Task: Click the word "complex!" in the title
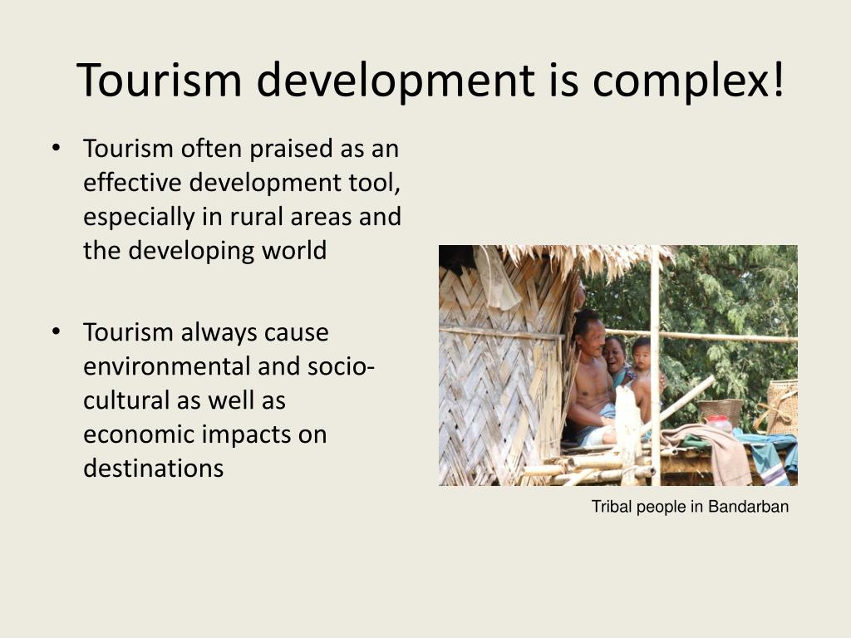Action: click(688, 81)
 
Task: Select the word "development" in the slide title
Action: click(395, 81)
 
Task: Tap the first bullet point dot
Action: click(57, 148)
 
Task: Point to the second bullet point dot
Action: click(57, 331)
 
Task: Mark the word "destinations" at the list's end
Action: click(154, 469)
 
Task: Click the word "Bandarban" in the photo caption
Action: click(748, 507)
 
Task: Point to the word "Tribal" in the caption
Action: click(611, 507)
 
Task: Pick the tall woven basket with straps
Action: click(781, 407)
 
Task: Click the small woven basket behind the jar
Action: click(720, 408)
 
